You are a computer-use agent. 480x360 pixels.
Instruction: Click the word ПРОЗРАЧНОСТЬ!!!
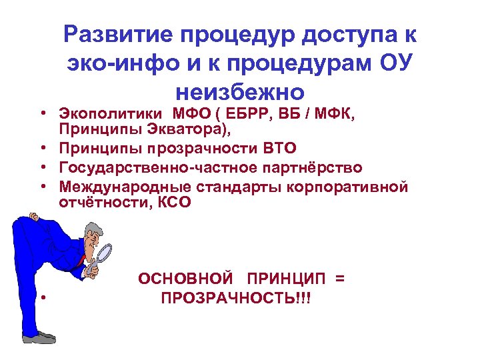click(x=236, y=297)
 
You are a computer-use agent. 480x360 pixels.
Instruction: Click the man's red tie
click(x=84, y=259)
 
